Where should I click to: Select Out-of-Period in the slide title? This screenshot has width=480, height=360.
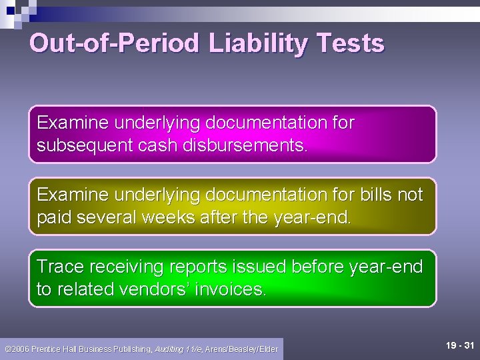click(114, 44)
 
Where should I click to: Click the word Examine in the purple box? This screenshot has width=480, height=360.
click(73, 123)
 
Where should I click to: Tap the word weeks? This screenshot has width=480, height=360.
click(169, 217)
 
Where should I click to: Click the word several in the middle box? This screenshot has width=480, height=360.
click(110, 217)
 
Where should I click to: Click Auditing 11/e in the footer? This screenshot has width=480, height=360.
click(179, 349)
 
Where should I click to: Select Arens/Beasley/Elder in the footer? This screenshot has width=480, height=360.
click(241, 349)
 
